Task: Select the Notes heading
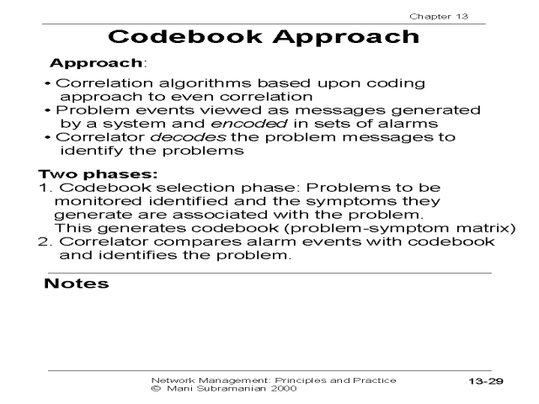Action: coord(76,284)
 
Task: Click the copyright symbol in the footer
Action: coord(154,389)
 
